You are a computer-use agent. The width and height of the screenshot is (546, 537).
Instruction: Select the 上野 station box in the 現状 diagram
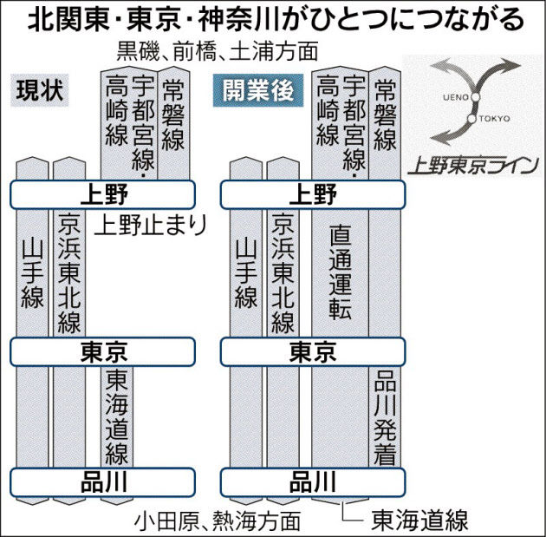103,193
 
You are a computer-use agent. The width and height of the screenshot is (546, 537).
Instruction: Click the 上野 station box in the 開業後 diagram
313,193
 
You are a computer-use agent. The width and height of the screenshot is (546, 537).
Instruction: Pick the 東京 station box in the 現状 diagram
103,351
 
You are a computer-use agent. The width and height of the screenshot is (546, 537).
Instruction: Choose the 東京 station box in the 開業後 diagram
313,351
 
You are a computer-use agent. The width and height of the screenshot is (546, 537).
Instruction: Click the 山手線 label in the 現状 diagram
31,273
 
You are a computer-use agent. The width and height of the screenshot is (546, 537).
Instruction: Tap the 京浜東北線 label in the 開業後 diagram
283,273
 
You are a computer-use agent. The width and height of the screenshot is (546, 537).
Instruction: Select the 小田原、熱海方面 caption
217,520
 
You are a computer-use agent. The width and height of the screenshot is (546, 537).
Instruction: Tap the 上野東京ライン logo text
471,163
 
